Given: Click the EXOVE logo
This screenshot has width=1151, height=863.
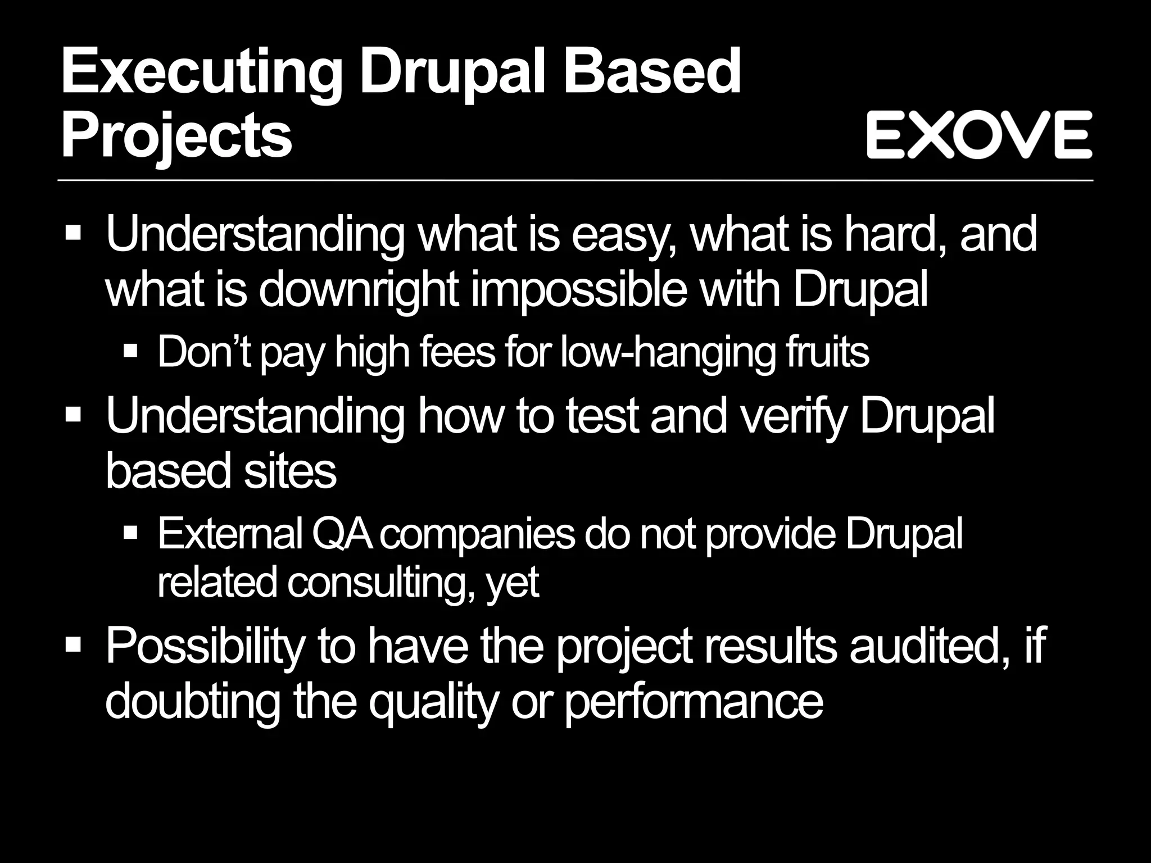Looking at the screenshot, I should click(978, 135).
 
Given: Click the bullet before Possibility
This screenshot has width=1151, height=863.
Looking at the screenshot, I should click(74, 643).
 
